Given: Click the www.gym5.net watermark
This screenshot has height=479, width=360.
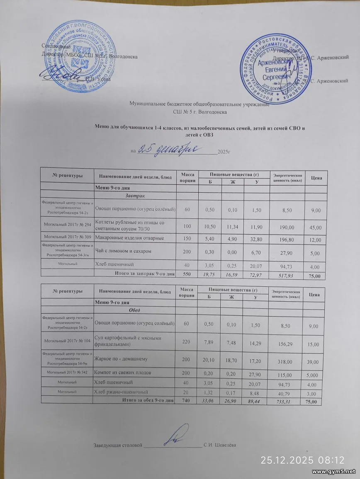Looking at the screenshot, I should point(334,472).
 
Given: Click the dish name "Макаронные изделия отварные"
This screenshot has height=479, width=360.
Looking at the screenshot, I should point(129,238).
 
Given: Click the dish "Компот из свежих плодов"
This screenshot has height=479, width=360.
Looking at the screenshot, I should point(123,373).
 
